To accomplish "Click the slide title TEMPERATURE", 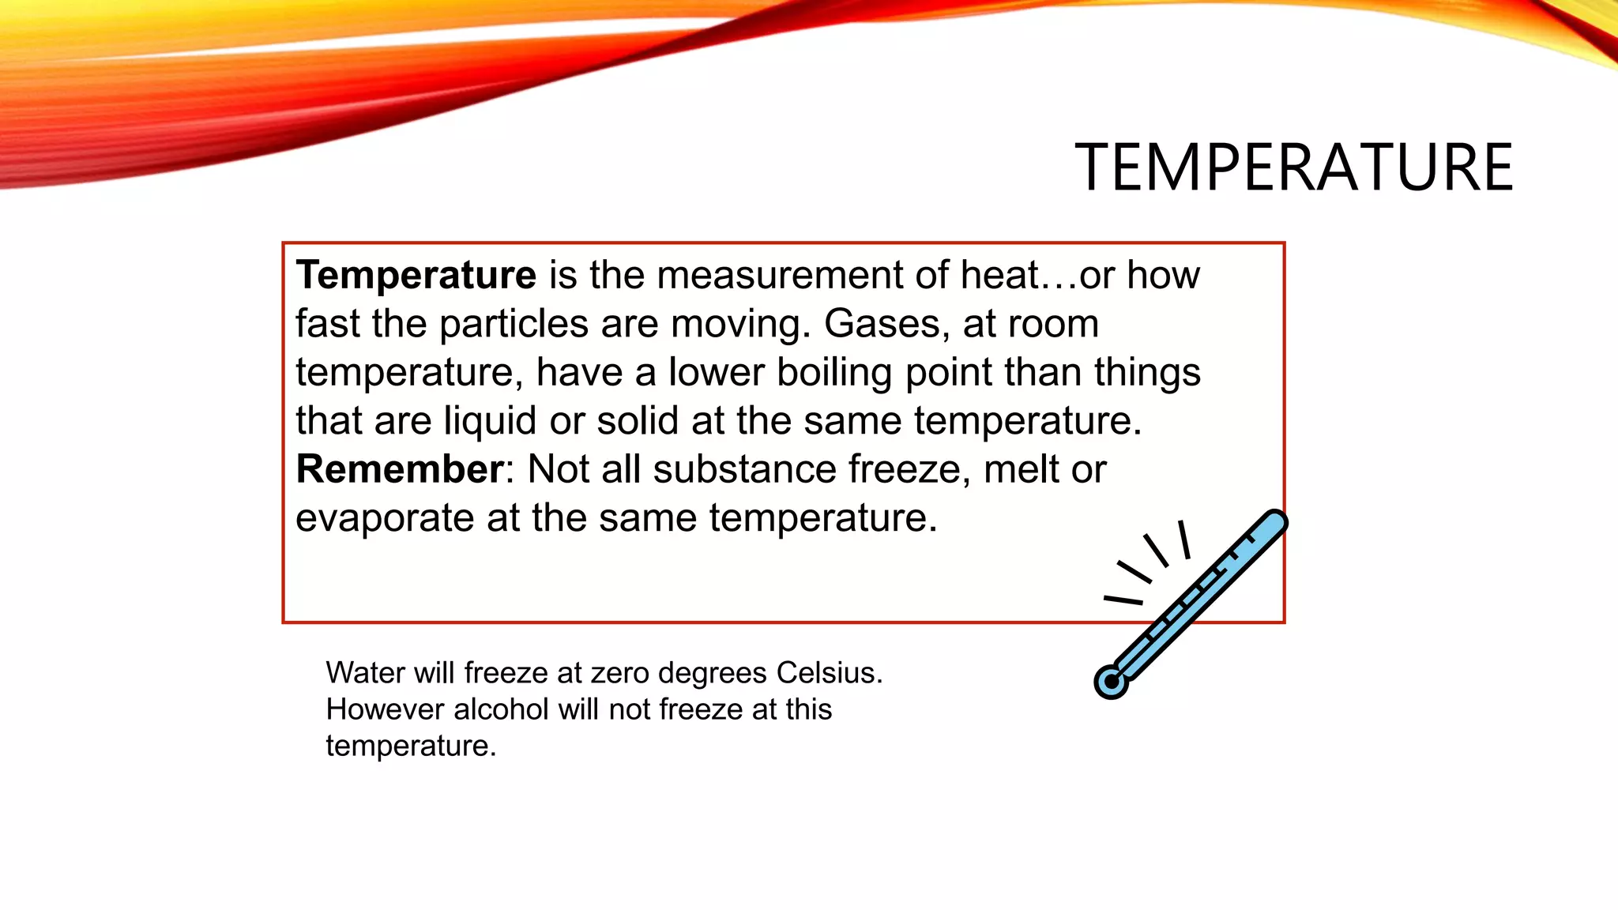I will pyautogui.click(x=1293, y=167).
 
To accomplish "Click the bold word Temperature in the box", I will pyautogui.click(x=416, y=275).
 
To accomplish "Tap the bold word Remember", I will pyautogui.click(x=399, y=469).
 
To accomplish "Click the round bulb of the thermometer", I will pyautogui.click(x=1111, y=682).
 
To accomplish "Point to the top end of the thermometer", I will pyautogui.click(x=1274, y=522).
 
